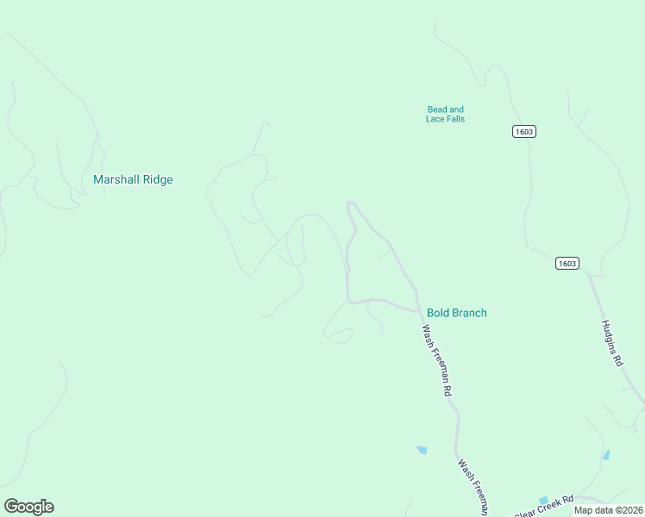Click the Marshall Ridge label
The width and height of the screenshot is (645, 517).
point(133,180)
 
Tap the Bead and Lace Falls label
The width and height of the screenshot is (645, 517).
point(445,114)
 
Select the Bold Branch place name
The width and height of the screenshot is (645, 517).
point(456,313)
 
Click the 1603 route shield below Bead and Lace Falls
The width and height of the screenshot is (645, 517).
point(523,131)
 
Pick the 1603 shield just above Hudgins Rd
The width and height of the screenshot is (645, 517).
point(567,264)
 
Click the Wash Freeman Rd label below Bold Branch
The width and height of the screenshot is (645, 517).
point(437,359)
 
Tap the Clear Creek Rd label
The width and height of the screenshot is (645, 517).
point(545,507)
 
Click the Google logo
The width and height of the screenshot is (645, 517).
point(28,506)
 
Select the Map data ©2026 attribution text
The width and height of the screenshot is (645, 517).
point(609,509)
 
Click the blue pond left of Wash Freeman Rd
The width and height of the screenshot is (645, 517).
point(422,450)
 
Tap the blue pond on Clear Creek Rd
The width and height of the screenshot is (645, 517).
point(543,500)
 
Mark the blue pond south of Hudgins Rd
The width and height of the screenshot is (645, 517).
point(606,454)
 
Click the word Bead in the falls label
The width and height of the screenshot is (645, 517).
point(436,109)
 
